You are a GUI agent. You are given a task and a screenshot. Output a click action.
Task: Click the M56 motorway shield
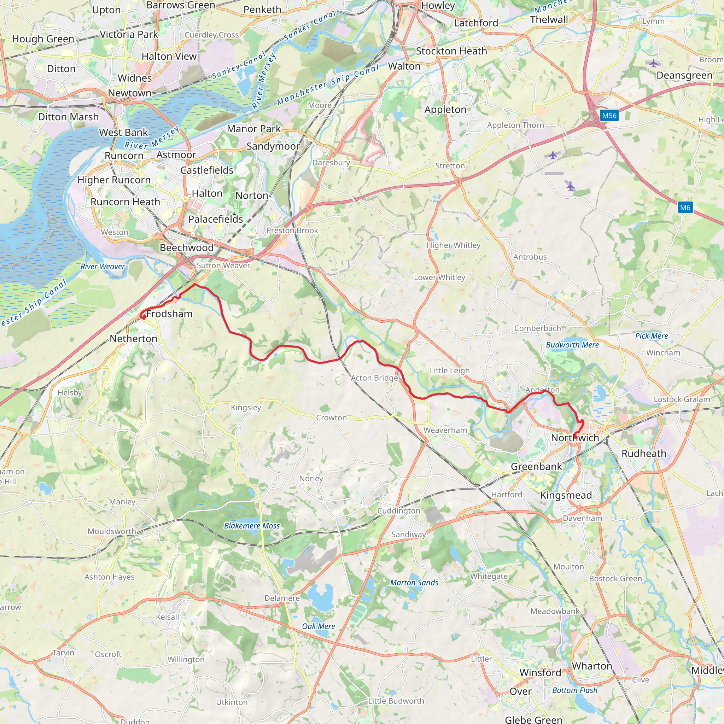pyautogui.click(x=609, y=115)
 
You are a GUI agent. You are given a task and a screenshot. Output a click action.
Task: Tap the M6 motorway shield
pyautogui.click(x=685, y=207)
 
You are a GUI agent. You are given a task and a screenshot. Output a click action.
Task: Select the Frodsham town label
pyautogui.click(x=169, y=314)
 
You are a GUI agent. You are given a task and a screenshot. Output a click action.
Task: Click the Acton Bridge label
pyautogui.click(x=374, y=378)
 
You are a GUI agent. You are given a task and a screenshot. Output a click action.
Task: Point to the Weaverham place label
pyautogui.click(x=445, y=430)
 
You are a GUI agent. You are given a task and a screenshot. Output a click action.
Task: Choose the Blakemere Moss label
pyautogui.click(x=252, y=526)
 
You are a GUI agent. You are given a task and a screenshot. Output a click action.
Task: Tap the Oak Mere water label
pyautogui.click(x=319, y=626)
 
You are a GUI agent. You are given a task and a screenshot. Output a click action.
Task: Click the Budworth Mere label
pyautogui.click(x=572, y=345)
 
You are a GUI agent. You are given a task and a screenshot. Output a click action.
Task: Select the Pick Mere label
pyautogui.click(x=651, y=336)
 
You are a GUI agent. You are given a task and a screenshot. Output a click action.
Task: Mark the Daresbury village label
pyautogui.click(x=331, y=163)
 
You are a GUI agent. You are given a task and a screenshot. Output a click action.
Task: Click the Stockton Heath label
pyautogui.click(x=451, y=51)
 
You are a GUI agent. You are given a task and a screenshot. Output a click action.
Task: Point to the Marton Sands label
pyautogui.click(x=414, y=582)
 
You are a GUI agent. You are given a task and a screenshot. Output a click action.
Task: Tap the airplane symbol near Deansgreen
pyautogui.click(x=654, y=63)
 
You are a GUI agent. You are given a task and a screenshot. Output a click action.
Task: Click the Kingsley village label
pyautogui.click(x=246, y=407)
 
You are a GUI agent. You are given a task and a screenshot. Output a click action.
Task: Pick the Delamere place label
pyautogui.click(x=282, y=598)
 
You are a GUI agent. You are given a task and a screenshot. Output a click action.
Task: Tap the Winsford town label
pyautogui.click(x=540, y=673)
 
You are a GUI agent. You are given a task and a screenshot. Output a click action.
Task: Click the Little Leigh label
pyautogui.click(x=449, y=370)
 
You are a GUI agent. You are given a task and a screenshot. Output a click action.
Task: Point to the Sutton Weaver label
pyautogui.click(x=223, y=265)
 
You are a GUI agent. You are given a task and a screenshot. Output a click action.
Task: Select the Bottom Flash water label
pyautogui.click(x=575, y=690)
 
